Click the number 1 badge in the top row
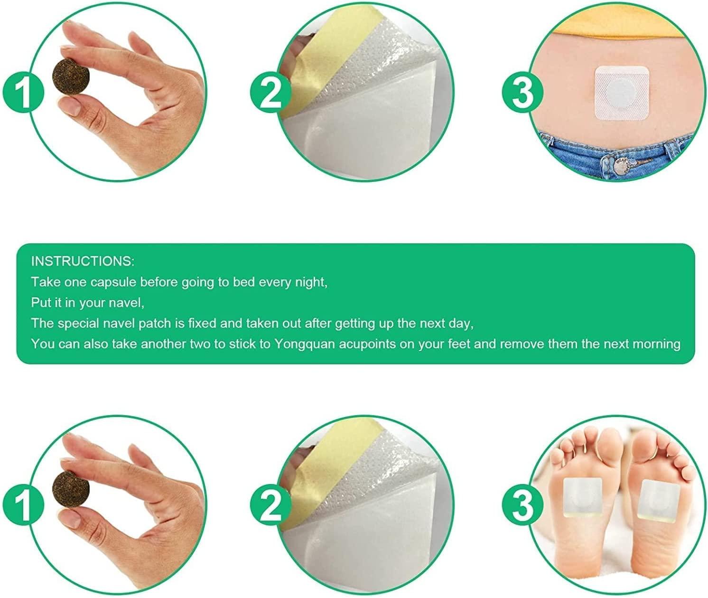[x=23, y=92]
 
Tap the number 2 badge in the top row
[x=270, y=92]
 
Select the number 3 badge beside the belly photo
[x=522, y=92]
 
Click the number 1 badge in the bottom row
[x=23, y=505]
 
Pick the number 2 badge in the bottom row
[x=270, y=505]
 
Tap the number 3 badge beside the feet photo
[x=522, y=505]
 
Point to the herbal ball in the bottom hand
[x=71, y=490]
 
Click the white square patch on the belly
[x=622, y=93]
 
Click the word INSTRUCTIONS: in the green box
[x=83, y=261]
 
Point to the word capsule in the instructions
[x=113, y=282]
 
